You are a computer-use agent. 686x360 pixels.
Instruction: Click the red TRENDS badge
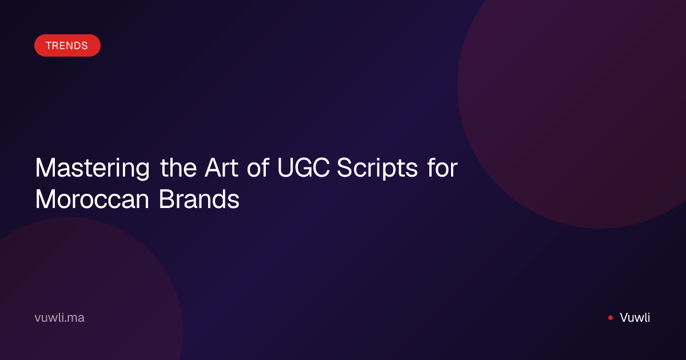[x=67, y=45]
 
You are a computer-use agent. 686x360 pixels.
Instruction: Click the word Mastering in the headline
[x=93, y=169]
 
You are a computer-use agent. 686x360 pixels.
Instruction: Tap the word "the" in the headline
[x=178, y=167]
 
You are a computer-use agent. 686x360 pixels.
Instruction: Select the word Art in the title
[x=221, y=167]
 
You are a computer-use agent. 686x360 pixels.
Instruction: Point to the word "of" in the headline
[x=258, y=167]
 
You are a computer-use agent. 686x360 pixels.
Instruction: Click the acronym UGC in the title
[x=304, y=167]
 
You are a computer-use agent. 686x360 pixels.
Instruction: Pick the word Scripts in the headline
[x=377, y=169]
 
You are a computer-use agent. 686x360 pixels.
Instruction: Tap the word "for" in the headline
[x=442, y=167]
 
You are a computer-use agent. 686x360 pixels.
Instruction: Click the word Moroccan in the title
[x=92, y=199]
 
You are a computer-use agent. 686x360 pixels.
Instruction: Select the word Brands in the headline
[x=199, y=199]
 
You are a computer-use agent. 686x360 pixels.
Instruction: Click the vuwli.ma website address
[x=59, y=318]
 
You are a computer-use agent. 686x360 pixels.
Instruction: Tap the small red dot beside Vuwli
[x=611, y=318]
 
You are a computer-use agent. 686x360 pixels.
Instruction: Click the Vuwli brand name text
[x=635, y=318]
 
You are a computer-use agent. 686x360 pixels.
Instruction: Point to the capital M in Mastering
[x=45, y=167]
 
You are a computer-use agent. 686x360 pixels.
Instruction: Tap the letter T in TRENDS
[x=49, y=46]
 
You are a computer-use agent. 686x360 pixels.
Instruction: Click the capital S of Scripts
[x=344, y=167]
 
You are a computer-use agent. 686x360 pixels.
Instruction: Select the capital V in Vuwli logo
[x=625, y=318]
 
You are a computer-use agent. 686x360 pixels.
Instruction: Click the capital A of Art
[x=214, y=167]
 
